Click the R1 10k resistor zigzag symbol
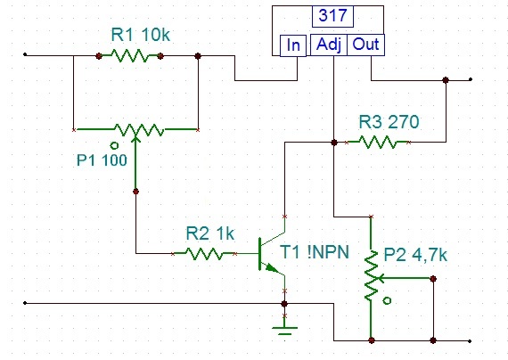130,56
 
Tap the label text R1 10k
140,35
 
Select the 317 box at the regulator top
332,16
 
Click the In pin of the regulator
293,45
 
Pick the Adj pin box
329,45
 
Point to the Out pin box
365,45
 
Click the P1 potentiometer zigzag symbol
139,130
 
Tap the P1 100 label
102,160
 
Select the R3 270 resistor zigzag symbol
378,142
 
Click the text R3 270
389,122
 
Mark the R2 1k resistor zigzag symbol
204,253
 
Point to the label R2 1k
210,233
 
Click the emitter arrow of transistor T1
272,268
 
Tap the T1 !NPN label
315,252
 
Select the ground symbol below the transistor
284,331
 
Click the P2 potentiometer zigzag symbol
372,275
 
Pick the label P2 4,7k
415,255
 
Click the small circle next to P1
114,145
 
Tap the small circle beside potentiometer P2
387,300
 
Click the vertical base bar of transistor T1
260,254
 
